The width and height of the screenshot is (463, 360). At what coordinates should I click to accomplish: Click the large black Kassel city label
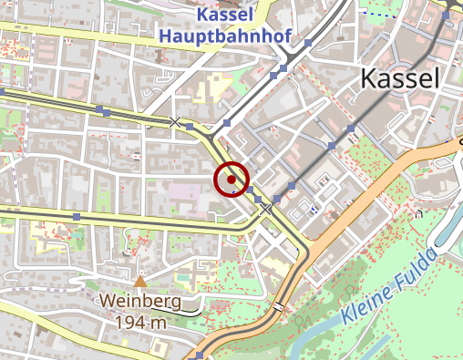pyautogui.click(x=400, y=78)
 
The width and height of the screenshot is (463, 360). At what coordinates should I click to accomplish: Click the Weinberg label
pyautogui.click(x=140, y=301)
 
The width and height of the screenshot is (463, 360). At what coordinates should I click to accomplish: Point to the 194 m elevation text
pyautogui.click(x=140, y=321)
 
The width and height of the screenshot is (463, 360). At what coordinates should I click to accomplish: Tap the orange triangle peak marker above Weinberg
pyautogui.click(x=140, y=283)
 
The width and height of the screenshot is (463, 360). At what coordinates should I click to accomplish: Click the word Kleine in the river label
pyautogui.click(x=372, y=306)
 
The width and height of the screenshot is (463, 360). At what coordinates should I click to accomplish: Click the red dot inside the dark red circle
pyautogui.click(x=232, y=180)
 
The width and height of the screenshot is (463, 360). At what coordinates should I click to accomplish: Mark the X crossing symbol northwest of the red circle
pyautogui.click(x=175, y=121)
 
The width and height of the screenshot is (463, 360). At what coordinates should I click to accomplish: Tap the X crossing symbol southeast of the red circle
pyautogui.click(x=266, y=209)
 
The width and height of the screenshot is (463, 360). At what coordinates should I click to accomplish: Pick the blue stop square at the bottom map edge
pyautogui.click(x=200, y=355)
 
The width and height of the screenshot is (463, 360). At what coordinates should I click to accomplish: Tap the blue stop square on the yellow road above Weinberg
pyautogui.click(x=77, y=216)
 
